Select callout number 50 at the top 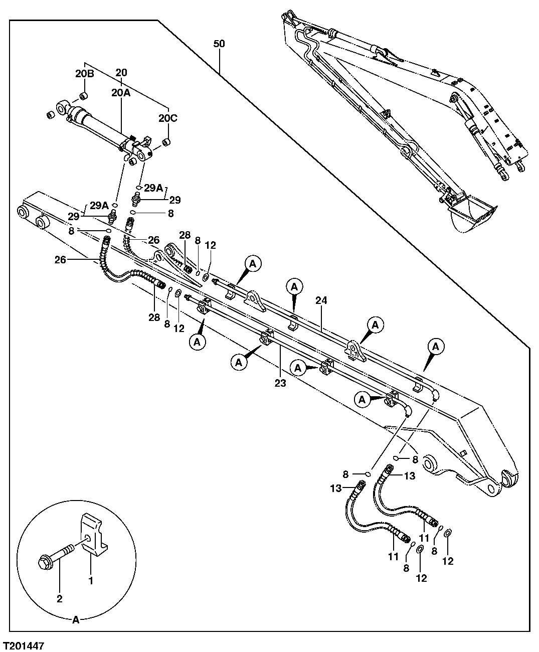pyautogui.click(x=219, y=44)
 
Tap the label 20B pyautogui.click(x=85, y=73)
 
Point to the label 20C pyautogui.click(x=168, y=118)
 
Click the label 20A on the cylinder pyautogui.click(x=121, y=93)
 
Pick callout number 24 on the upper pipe pyautogui.click(x=321, y=301)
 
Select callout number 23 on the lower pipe pyautogui.click(x=280, y=383)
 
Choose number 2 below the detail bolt pyautogui.click(x=59, y=598)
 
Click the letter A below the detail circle pyautogui.click(x=76, y=620)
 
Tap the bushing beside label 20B pyautogui.click(x=84, y=96)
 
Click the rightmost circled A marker pyautogui.click(x=436, y=346)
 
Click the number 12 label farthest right pyautogui.click(x=448, y=561)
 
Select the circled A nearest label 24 pyautogui.click(x=294, y=287)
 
